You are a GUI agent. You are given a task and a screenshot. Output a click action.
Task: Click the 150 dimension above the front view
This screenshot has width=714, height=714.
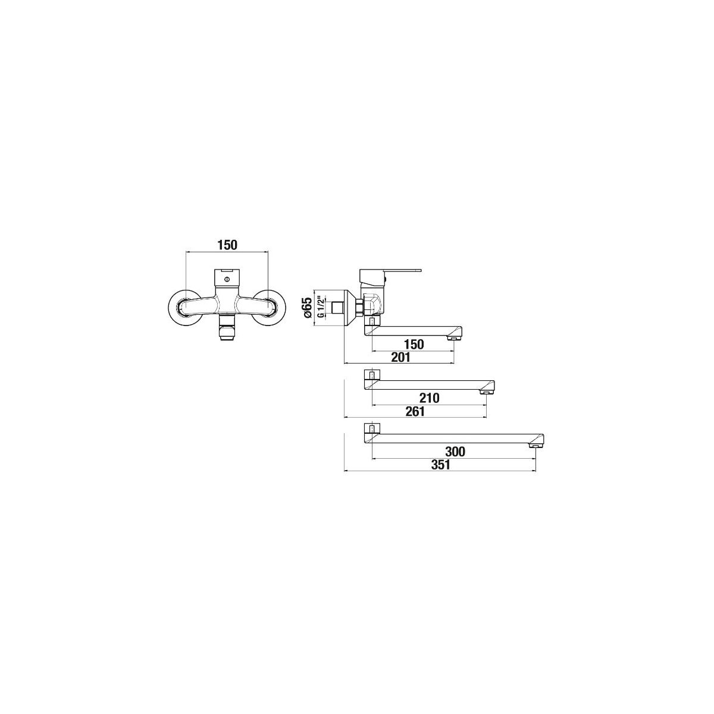227,245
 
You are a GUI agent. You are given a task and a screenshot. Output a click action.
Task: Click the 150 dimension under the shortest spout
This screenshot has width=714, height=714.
414,345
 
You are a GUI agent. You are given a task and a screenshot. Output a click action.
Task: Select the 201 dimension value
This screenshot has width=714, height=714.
400,357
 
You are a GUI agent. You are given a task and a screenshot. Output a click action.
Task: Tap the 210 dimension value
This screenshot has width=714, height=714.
429,398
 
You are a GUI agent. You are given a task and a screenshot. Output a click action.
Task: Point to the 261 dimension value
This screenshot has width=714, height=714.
415,411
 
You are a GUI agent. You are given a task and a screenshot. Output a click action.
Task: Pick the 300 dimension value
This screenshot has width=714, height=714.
455,452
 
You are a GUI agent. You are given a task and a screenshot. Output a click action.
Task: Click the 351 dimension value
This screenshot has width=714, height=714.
440,465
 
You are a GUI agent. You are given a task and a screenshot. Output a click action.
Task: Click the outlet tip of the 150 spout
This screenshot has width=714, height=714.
453,337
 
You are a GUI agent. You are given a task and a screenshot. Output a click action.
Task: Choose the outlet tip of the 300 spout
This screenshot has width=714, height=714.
535,445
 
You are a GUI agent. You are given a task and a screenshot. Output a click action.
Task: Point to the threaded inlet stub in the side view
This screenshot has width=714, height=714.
338,307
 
